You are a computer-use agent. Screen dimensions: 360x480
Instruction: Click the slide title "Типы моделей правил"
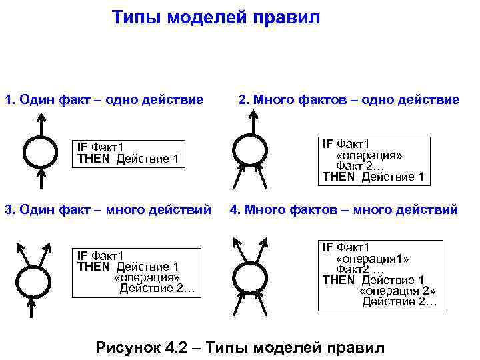tap(215, 17)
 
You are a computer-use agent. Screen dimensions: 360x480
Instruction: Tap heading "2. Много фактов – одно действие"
tap(349, 100)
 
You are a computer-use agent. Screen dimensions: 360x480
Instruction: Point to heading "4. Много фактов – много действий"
tap(343, 210)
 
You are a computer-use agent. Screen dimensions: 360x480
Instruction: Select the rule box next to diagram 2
tap(373, 161)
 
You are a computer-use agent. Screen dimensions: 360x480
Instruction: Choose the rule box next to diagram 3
tap(136, 272)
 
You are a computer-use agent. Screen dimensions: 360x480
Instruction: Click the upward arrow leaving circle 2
tap(253, 121)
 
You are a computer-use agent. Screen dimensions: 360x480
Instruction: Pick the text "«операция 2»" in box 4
tap(398, 291)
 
